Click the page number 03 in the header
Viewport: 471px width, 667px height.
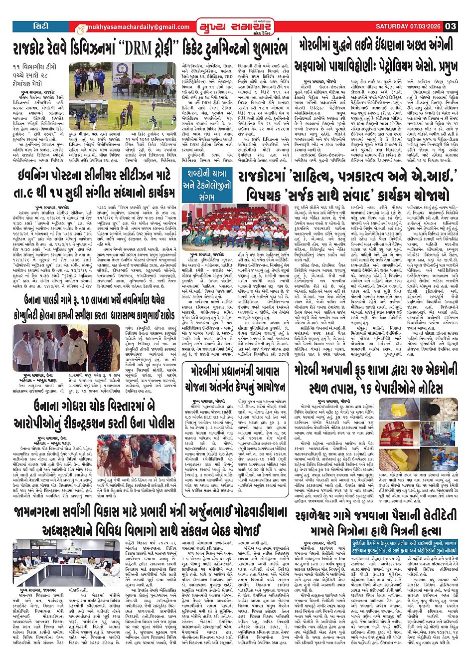pyautogui.click(x=451, y=26)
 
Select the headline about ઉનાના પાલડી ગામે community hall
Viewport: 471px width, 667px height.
pyautogui.click(x=95, y=308)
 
